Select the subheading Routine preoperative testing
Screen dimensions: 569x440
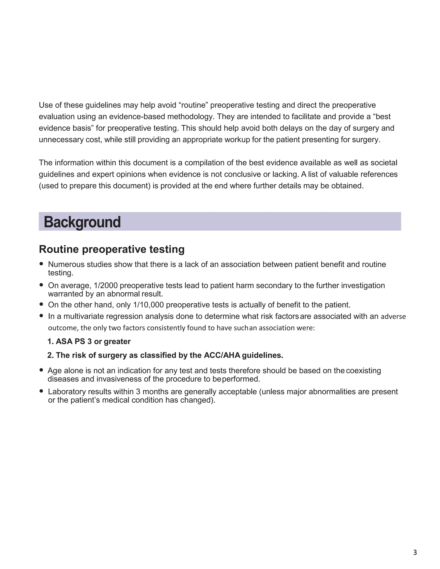tap(112, 249)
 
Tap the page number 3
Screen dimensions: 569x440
tap(415, 552)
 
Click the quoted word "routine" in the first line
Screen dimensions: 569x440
tap(193, 105)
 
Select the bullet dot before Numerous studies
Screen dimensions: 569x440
tap(41, 264)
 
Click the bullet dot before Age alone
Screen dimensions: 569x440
tap(41, 370)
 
